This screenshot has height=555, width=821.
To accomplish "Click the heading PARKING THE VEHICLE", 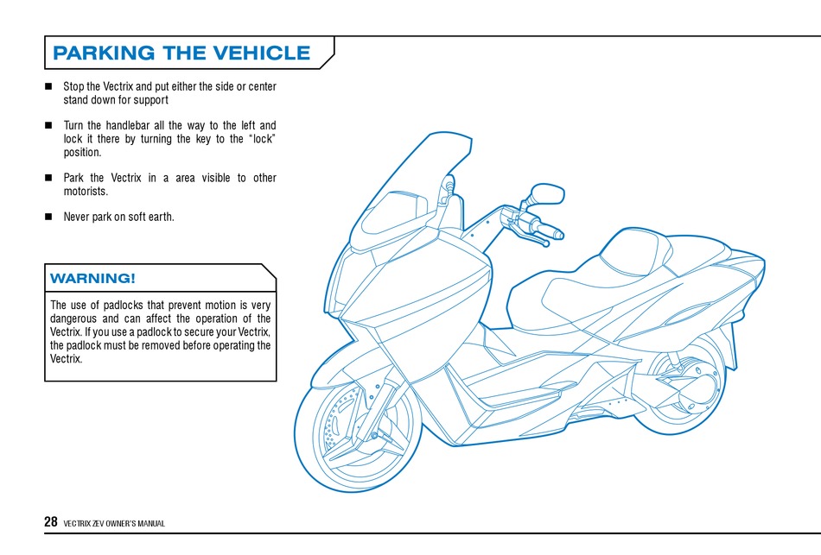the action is [x=181, y=53].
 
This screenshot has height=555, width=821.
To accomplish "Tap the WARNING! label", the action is [x=92, y=278].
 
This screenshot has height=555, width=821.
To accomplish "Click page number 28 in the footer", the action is [x=50, y=522].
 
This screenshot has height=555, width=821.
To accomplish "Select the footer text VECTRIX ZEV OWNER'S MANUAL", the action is [x=114, y=524].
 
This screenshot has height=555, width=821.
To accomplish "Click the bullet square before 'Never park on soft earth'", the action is [x=48, y=217].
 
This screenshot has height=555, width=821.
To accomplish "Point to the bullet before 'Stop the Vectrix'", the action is [x=48, y=87].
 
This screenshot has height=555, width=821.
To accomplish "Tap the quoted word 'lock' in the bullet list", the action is [x=263, y=139].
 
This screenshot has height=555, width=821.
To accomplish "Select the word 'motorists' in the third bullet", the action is [x=85, y=191].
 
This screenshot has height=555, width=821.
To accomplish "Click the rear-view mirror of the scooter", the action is [x=546, y=193].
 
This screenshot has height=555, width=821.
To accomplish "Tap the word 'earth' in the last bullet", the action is [x=162, y=217].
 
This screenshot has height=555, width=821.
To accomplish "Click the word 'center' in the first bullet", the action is [x=262, y=87].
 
